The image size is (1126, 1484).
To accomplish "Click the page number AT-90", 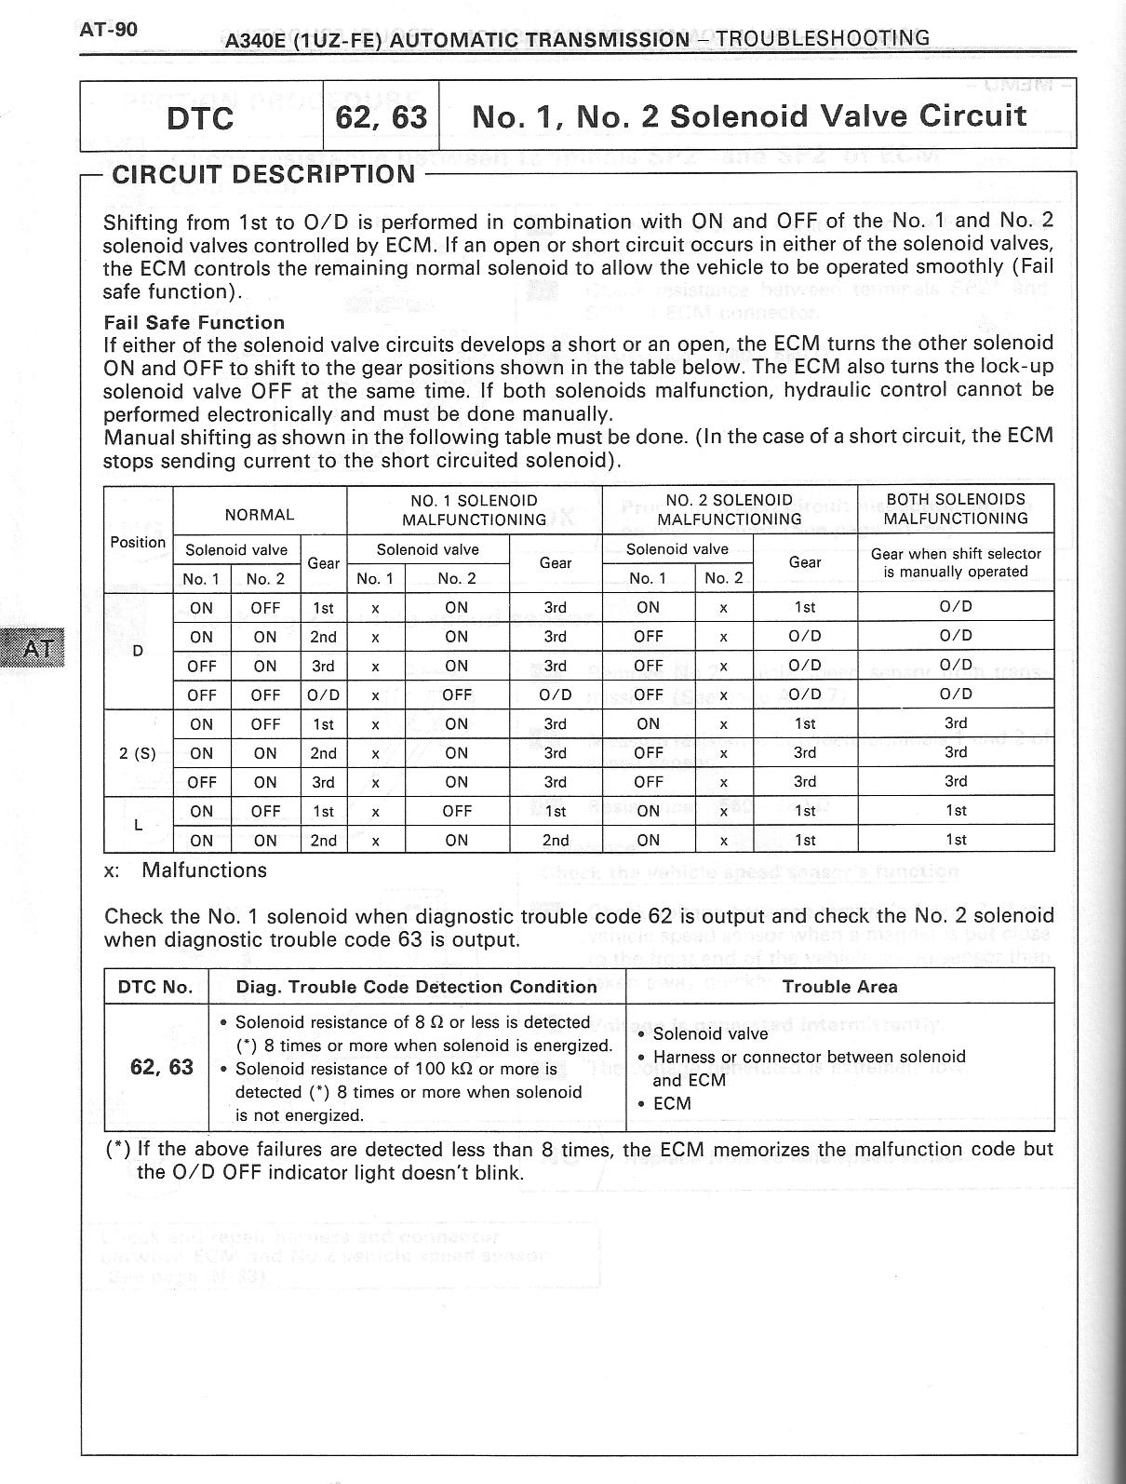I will click(109, 29).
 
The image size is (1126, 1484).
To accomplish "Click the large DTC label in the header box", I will click(200, 118).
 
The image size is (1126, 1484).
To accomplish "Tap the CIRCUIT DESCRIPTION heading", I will click(263, 174).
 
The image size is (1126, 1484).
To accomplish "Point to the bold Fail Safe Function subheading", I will click(194, 323).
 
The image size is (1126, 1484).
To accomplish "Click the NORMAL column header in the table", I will click(260, 514).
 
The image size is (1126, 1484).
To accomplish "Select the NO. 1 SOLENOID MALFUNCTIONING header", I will click(474, 509).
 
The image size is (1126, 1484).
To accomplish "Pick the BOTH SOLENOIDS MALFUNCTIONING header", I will click(956, 508).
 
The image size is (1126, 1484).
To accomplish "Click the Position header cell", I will click(138, 542).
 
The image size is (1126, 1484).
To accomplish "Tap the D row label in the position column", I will click(138, 651).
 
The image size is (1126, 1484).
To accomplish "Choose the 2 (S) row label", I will click(138, 753).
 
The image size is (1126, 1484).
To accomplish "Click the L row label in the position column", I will click(138, 825).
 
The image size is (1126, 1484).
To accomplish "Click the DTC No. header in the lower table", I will click(155, 987).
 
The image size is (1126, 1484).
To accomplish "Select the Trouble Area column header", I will click(839, 987).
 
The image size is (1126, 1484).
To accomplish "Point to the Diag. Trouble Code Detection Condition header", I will click(416, 987).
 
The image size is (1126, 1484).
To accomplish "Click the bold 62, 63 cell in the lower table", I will click(162, 1067).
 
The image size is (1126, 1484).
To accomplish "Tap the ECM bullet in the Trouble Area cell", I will click(672, 1103).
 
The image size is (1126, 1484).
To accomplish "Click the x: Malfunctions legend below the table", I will click(185, 870).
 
